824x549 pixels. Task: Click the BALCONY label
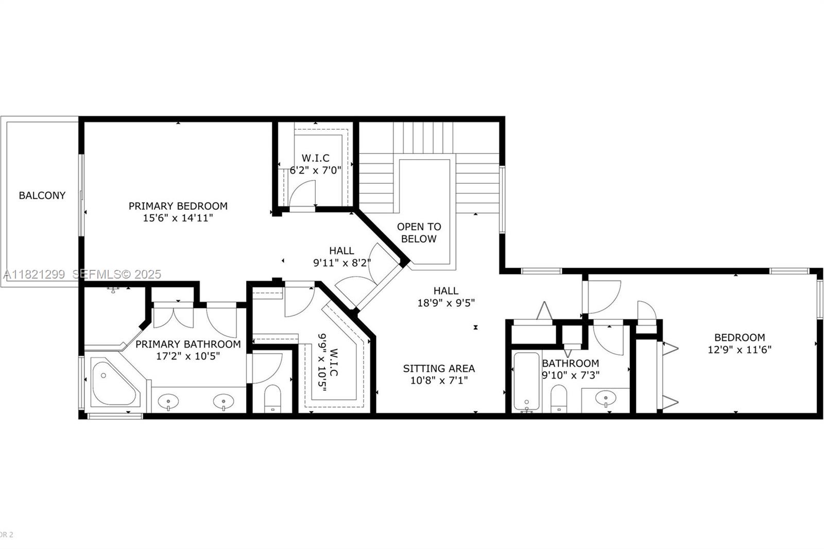click(x=42, y=196)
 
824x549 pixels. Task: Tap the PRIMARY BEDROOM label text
click(x=178, y=206)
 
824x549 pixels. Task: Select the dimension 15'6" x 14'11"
click(x=178, y=218)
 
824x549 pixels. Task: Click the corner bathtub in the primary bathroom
click(x=113, y=384)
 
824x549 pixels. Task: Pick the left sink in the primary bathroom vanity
click(x=168, y=400)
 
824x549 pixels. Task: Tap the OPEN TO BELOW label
click(x=419, y=233)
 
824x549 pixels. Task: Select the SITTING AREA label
click(x=439, y=369)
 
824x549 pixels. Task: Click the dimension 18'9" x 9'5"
click(x=445, y=303)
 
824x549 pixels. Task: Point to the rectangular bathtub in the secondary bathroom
click(x=526, y=381)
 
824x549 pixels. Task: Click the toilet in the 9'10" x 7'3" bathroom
click(x=558, y=398)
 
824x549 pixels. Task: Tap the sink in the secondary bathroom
click(x=606, y=398)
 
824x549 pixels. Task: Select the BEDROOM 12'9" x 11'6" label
click(x=739, y=344)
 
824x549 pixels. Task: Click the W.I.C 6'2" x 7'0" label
click(x=315, y=164)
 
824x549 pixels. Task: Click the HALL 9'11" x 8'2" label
click(x=342, y=256)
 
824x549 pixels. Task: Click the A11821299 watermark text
click(x=35, y=274)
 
